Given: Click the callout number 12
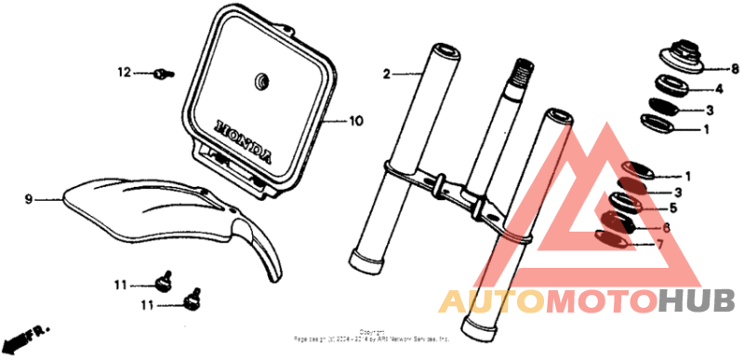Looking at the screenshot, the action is [x=125, y=73].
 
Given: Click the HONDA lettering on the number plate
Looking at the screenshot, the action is [x=245, y=139].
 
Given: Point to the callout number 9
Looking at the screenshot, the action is [x=28, y=199].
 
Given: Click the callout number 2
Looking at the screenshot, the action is [x=386, y=72].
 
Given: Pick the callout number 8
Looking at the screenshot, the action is [x=735, y=69].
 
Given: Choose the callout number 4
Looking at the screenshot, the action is [x=719, y=90].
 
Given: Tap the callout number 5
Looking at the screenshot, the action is [x=687, y=209].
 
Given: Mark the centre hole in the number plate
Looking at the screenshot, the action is [x=259, y=82].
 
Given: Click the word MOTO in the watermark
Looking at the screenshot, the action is [x=600, y=301].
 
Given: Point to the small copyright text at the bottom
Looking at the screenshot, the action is [x=371, y=337].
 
